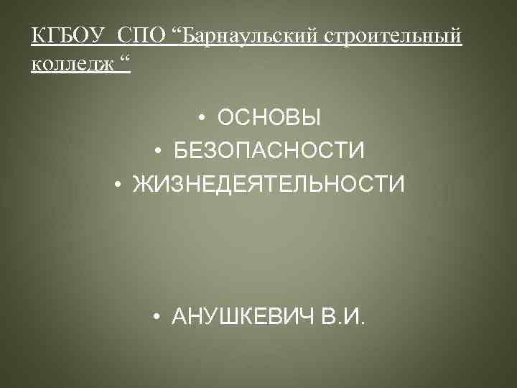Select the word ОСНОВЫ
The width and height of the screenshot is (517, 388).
click(269, 117)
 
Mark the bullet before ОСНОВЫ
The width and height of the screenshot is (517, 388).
click(204, 118)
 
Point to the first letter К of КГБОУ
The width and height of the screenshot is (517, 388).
click(37, 36)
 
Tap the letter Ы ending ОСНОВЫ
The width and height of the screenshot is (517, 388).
click(312, 117)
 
